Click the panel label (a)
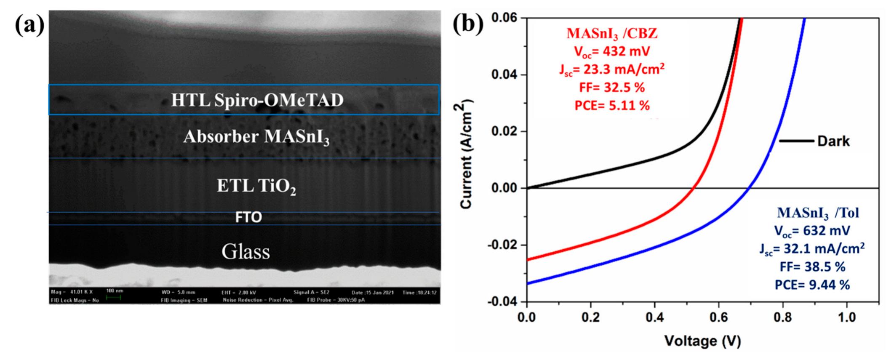pos(29,26)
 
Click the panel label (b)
pos(468,24)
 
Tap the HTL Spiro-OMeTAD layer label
pos(257,100)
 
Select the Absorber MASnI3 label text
pos(256,137)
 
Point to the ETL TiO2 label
pos(256,186)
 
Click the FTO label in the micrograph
pos(248,217)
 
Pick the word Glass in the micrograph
pos(246,252)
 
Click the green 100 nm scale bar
pos(113,298)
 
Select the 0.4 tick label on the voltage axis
pos(654,317)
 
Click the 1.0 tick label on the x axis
pos(846,317)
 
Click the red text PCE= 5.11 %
pos(612,106)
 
